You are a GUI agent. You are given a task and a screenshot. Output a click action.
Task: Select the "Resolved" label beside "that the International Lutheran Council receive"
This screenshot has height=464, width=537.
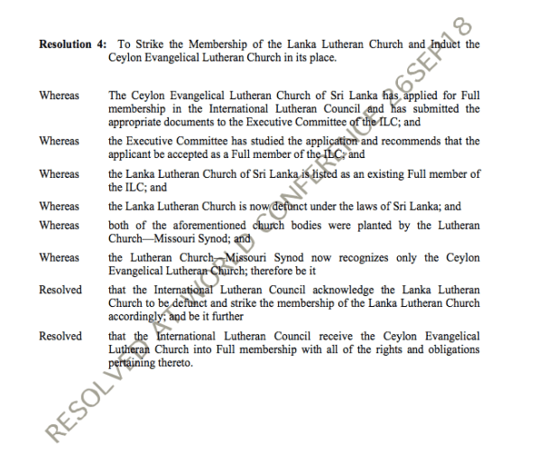60,337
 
